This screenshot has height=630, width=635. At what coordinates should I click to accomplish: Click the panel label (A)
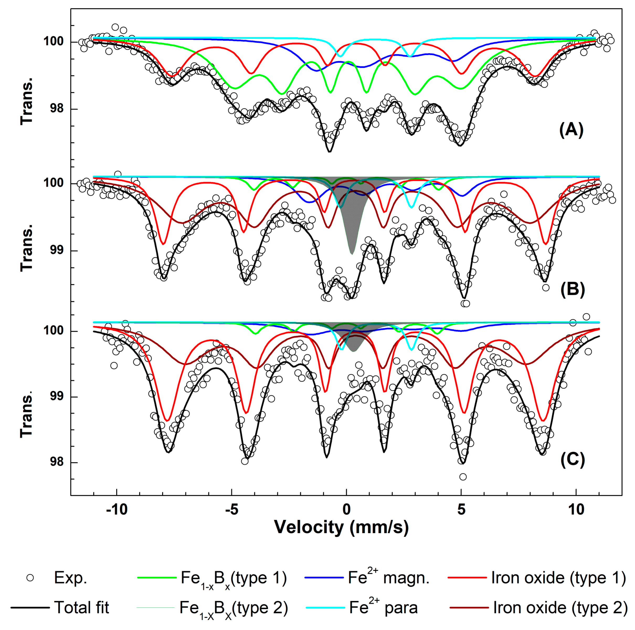pos(571,130)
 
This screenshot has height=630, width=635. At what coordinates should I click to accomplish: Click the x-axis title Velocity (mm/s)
pos(341,527)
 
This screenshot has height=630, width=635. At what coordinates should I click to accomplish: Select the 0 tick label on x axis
pos(346,509)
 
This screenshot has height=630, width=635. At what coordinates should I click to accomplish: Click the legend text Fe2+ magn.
pos(389,578)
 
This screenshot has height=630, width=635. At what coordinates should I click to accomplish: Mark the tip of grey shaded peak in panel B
pos(352,254)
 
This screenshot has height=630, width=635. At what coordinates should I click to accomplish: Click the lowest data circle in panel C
pos(463,477)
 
